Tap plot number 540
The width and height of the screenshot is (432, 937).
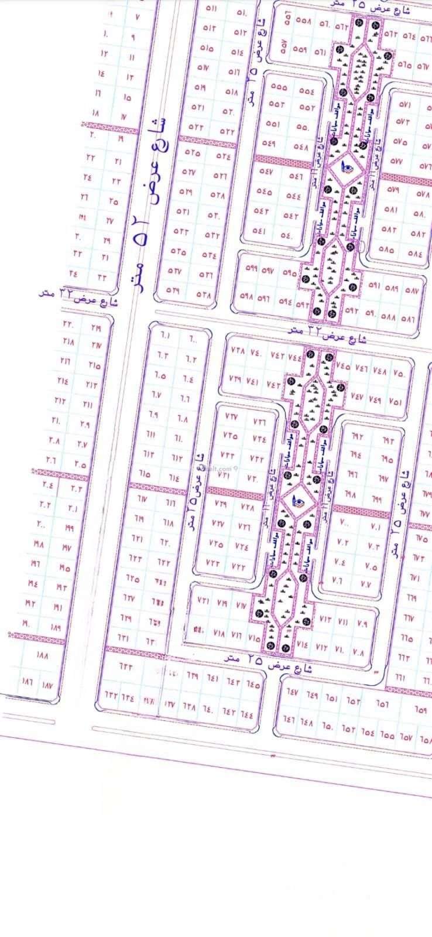point(287,236)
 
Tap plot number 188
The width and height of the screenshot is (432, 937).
point(42,654)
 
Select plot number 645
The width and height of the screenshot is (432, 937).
point(253,683)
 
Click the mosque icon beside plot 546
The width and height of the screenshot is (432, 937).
point(347,168)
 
